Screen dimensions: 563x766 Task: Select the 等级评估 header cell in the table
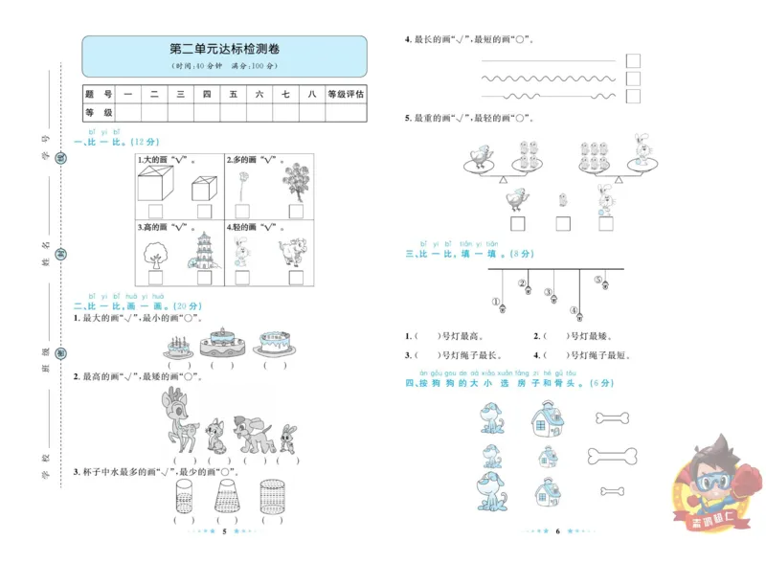[x=346, y=94]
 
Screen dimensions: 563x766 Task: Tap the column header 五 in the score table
[x=233, y=94]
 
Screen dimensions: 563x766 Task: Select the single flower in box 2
[x=244, y=182]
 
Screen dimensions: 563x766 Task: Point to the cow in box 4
[x=293, y=256]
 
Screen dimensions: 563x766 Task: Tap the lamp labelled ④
[x=574, y=311]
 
